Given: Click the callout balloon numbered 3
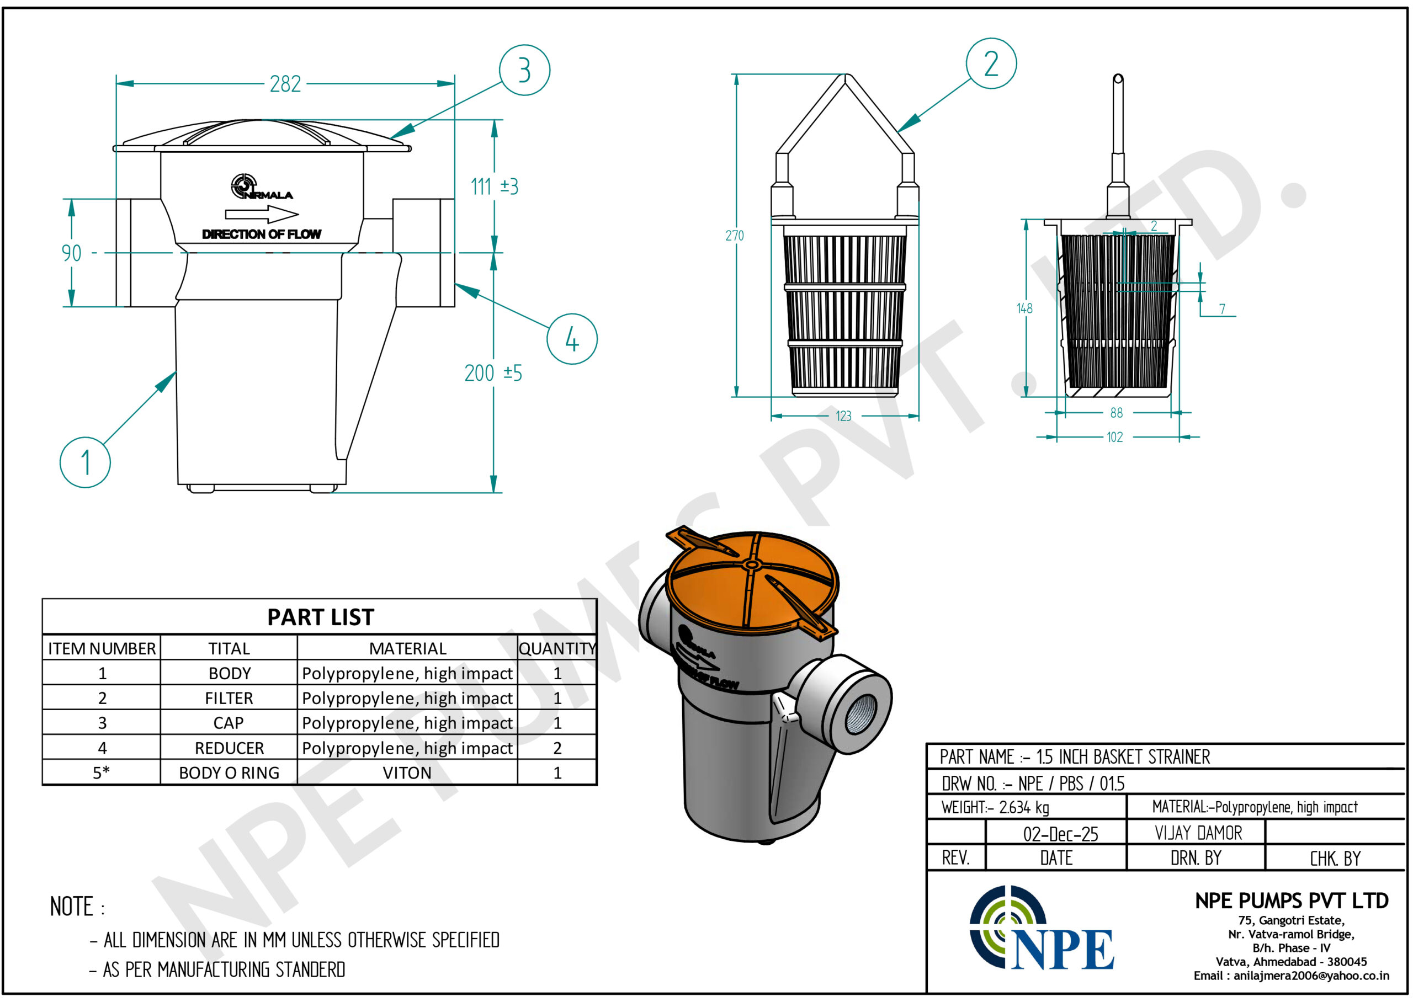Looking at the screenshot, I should click(x=524, y=70).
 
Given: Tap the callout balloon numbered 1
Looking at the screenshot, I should click(x=85, y=462).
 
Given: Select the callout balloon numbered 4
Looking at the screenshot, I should click(x=572, y=339).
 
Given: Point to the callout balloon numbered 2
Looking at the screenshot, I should click(x=991, y=63).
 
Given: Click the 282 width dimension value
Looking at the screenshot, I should click(x=285, y=84).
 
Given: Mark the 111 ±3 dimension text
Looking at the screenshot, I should click(x=495, y=186).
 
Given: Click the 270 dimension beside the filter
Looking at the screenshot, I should click(x=735, y=236).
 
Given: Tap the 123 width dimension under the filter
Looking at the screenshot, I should click(x=843, y=416).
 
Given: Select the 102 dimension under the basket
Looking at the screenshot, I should click(x=1114, y=437).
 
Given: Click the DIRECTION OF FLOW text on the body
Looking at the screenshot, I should click(x=261, y=235).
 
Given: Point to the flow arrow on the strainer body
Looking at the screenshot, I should click(x=261, y=215).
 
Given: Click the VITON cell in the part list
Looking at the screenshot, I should click(x=407, y=772).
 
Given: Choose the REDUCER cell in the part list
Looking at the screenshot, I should click(x=229, y=748).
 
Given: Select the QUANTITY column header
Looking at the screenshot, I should click(x=557, y=648).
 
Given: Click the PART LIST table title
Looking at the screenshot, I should click(x=320, y=617).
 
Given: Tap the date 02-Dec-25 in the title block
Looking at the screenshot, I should click(x=1060, y=834).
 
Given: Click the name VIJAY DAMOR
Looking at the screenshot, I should click(x=1198, y=833).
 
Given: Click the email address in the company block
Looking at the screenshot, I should click(x=1291, y=976).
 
